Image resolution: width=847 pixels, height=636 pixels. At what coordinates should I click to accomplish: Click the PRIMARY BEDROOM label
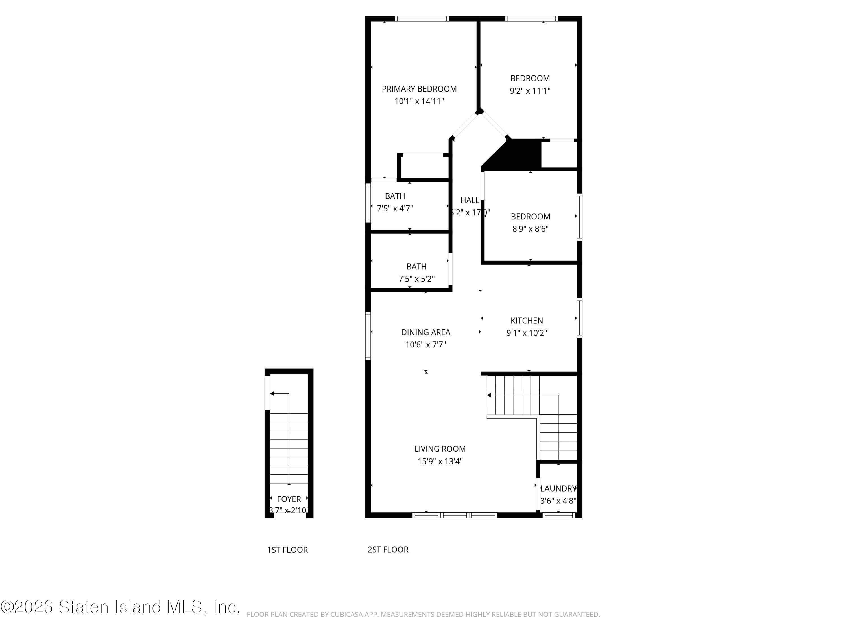[x=419, y=89]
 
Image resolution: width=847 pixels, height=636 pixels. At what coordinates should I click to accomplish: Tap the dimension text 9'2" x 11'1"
[x=530, y=91]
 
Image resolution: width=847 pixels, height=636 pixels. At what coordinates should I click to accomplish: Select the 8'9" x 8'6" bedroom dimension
[x=530, y=229]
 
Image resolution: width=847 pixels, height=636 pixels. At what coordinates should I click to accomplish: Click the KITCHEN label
[x=527, y=321]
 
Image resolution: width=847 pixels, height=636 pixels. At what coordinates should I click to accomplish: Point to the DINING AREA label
[x=425, y=332]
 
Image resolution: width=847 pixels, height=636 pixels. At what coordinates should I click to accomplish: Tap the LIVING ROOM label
[x=440, y=449]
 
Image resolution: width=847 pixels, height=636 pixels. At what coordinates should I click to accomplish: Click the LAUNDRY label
[x=558, y=488]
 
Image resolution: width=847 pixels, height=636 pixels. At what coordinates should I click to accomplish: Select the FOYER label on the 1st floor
[x=289, y=499]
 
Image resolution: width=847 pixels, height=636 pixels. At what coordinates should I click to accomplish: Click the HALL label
[x=470, y=200]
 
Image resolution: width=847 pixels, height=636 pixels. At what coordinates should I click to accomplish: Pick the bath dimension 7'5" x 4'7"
[x=395, y=209]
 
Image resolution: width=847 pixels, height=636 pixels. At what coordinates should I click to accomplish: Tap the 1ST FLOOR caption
[x=287, y=550]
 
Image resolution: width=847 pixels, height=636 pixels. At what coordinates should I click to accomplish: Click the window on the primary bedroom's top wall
[x=422, y=18]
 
